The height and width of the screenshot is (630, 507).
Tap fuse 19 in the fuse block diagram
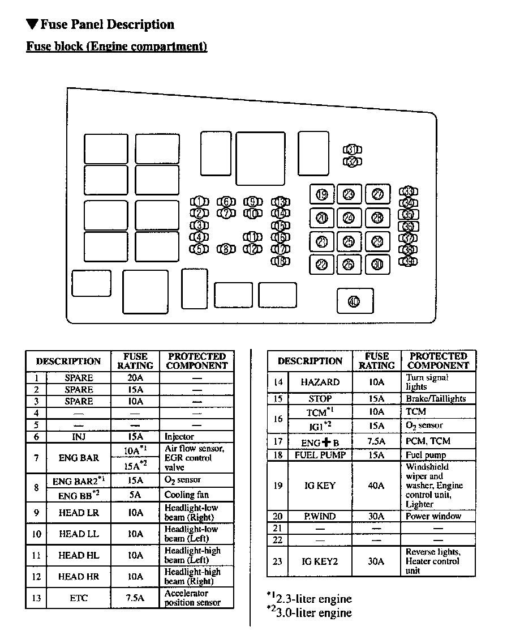(322, 195)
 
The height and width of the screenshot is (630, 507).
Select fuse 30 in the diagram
(377, 264)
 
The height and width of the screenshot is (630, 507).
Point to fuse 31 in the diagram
(353, 150)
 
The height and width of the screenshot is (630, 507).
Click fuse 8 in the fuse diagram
(226, 249)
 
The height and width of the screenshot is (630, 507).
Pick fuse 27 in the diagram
(377, 195)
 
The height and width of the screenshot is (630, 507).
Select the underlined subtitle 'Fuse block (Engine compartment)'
(117, 46)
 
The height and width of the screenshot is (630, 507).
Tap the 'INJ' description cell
(79, 437)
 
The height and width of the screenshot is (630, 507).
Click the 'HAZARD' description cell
(320, 382)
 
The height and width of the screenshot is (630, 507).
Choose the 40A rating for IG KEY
(376, 486)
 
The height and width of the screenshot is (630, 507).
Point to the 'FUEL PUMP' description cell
(320, 455)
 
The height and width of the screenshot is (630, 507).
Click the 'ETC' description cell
(79, 598)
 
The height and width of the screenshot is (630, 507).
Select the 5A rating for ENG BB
(135, 495)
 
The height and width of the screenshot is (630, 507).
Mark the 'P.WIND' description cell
(320, 516)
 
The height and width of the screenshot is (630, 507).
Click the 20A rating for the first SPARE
(135, 378)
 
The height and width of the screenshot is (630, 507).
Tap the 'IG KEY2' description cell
(320, 561)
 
